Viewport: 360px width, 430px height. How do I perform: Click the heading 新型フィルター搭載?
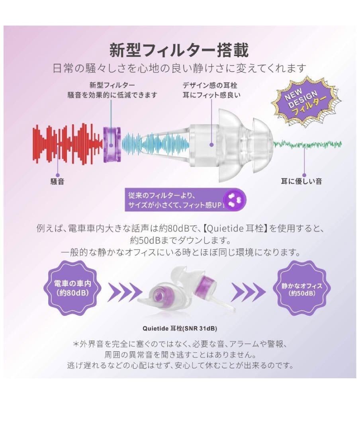click(x=179, y=51)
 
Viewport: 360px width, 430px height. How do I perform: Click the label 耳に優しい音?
click(x=301, y=182)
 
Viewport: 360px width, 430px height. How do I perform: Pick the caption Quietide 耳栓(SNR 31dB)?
click(x=180, y=329)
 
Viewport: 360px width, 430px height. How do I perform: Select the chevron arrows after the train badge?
click(x=122, y=292)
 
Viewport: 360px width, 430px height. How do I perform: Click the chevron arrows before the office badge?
click(x=248, y=292)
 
